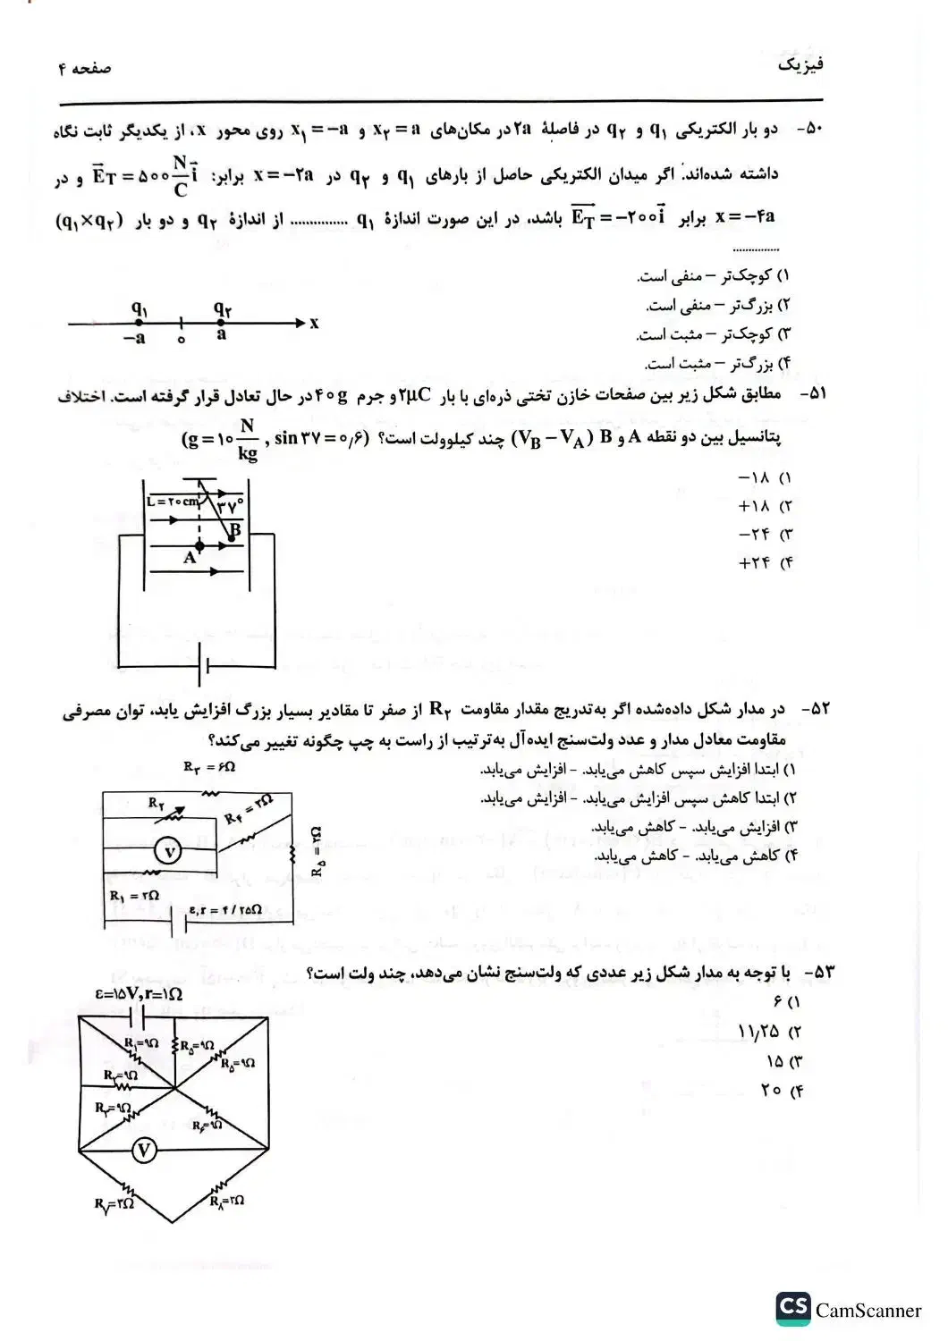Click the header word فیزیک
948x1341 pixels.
pyautogui.click(x=800, y=64)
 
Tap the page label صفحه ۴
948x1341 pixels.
pyautogui.click(x=85, y=69)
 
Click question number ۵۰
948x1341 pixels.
pyautogui.click(x=809, y=130)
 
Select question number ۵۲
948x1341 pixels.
pyautogui.click(x=815, y=709)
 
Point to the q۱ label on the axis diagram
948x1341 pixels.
pyautogui.click(x=140, y=308)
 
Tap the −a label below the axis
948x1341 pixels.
pyautogui.click(x=134, y=339)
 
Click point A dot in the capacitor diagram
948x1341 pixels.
pyautogui.click(x=199, y=544)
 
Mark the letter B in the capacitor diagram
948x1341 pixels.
pyautogui.click(x=234, y=530)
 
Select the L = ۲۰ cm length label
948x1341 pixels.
pyautogui.click(x=173, y=502)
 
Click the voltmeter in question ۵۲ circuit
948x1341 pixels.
pyautogui.click(x=168, y=851)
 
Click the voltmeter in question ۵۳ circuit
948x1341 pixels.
pyautogui.click(x=144, y=1151)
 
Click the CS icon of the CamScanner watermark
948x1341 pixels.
pyautogui.click(x=792, y=1308)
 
